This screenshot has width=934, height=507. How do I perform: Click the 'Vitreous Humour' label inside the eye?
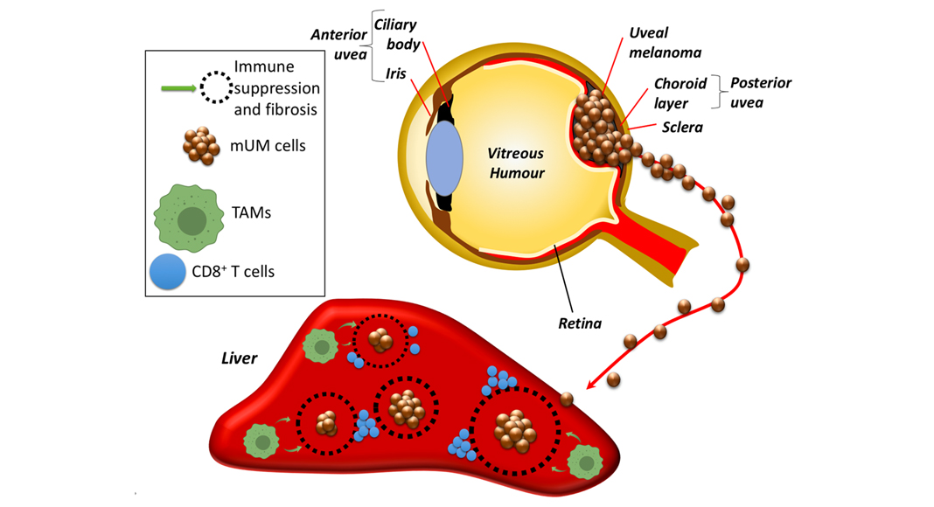point(516,163)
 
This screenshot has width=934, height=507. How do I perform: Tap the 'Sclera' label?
point(682,127)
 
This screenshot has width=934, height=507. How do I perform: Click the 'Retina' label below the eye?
point(580,323)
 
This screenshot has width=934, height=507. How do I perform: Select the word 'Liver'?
point(238,358)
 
